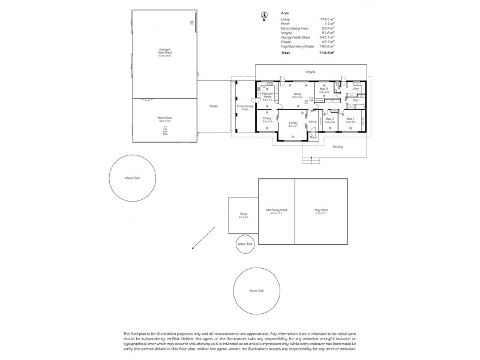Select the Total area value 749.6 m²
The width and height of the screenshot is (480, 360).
[x=325, y=53]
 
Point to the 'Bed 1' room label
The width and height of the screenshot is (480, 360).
[x=350, y=119]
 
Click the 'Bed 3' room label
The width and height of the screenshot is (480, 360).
[x=324, y=89]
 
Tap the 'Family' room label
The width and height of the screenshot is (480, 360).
[x=293, y=124]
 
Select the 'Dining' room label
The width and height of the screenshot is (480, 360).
[x=267, y=119]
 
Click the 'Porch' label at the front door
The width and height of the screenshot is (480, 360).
[x=313, y=137]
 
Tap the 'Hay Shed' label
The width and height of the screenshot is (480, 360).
[x=321, y=211]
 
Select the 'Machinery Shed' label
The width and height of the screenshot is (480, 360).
[x=277, y=211]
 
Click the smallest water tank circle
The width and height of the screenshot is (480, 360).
[x=245, y=244]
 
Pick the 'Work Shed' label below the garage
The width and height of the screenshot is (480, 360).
[x=164, y=118]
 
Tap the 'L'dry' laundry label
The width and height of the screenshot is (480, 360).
[x=355, y=89]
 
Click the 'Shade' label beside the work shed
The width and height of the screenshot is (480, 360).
[x=213, y=106]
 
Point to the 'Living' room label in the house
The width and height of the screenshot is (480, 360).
[x=296, y=94]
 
